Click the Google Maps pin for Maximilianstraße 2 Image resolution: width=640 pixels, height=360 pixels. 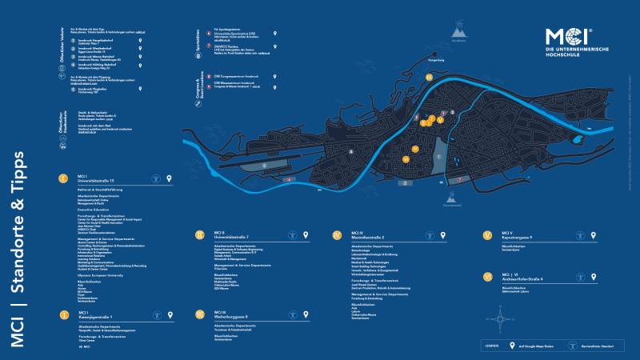tap(444, 235)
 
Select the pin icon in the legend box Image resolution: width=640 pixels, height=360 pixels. tap(512, 346)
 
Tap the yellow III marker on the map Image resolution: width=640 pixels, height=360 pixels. tap(429, 78)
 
